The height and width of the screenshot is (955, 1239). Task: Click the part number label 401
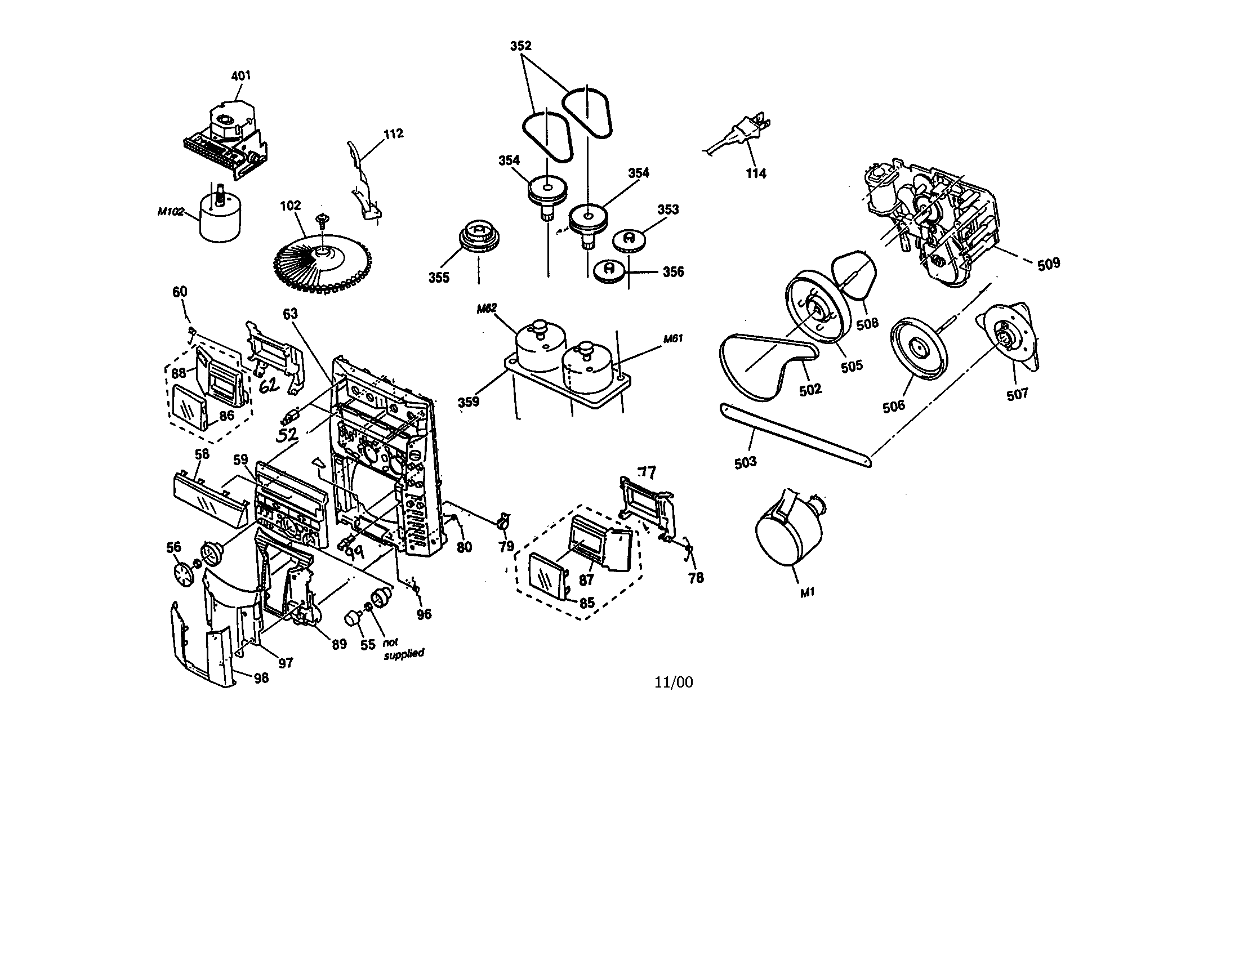pos(241,76)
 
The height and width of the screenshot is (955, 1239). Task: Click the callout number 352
pos(520,46)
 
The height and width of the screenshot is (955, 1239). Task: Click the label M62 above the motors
pos(486,309)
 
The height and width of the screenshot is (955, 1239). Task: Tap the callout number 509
pos(1049,264)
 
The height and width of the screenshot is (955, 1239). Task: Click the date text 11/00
pos(674,682)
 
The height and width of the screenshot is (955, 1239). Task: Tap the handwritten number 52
pos(288,435)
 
